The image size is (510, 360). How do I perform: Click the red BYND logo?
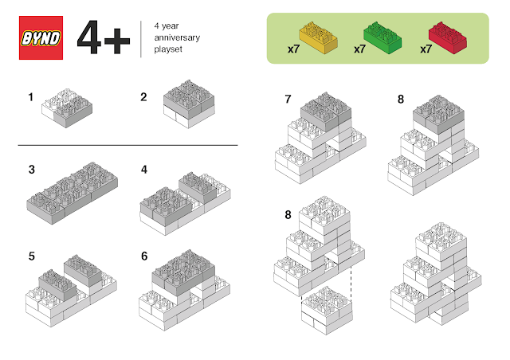click(41, 37)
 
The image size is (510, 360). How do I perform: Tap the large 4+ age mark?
click(104, 37)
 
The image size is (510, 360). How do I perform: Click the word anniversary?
click(177, 37)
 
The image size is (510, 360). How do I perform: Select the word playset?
click(168, 49)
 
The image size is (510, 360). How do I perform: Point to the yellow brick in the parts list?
click(319, 37)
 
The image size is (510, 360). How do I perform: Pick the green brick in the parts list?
click(382, 37)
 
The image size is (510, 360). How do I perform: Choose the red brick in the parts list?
click(448, 37)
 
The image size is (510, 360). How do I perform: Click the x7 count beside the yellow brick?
click(293, 49)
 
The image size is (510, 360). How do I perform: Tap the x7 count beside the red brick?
click(426, 49)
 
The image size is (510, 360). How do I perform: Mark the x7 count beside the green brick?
click(359, 49)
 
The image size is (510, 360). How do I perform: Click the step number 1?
click(31, 97)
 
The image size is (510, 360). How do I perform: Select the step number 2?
click(143, 97)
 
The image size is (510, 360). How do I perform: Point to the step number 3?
click(32, 170)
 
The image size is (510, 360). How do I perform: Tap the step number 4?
click(144, 170)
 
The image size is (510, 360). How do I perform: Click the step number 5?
click(32, 256)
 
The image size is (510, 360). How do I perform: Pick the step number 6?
click(144, 256)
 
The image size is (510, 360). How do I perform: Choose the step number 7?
click(288, 99)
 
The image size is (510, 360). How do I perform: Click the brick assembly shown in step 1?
click(67, 108)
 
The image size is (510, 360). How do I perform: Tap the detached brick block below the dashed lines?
click(327, 311)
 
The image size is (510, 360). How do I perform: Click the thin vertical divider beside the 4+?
click(141, 39)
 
